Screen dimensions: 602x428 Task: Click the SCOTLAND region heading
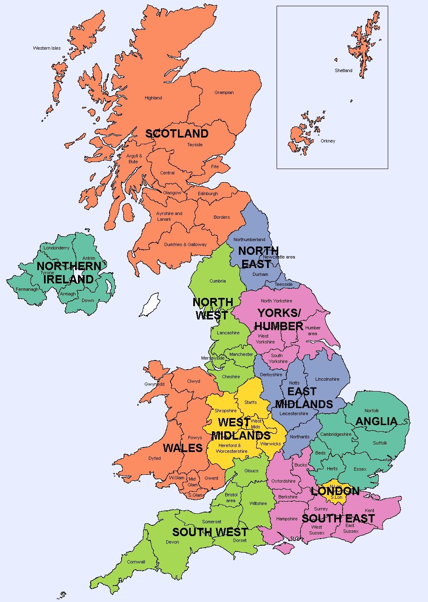click(x=177, y=133)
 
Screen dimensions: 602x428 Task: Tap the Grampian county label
click(x=224, y=92)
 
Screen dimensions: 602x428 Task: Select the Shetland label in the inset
click(x=343, y=70)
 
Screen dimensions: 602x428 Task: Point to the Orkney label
click(x=328, y=141)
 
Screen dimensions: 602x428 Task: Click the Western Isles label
click(x=47, y=48)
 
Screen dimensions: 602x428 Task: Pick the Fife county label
click(x=215, y=167)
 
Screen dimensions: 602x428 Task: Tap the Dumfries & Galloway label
click(x=185, y=244)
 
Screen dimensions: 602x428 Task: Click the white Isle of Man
click(x=150, y=305)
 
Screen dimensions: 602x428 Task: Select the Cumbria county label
click(x=218, y=281)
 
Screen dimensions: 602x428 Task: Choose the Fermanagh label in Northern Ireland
click(x=27, y=289)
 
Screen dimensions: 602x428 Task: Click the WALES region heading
click(x=182, y=448)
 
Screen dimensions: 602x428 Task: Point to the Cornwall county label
click(x=136, y=562)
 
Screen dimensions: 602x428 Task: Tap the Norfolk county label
click(x=372, y=411)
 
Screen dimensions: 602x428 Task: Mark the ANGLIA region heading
click(x=376, y=421)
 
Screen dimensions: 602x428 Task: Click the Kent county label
click(x=370, y=510)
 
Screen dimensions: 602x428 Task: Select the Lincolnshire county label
click(x=327, y=379)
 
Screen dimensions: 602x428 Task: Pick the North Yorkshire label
click(x=276, y=301)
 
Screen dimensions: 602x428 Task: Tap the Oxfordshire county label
click(x=283, y=481)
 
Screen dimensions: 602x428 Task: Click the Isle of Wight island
click(x=283, y=548)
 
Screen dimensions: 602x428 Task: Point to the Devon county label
click(x=173, y=542)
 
